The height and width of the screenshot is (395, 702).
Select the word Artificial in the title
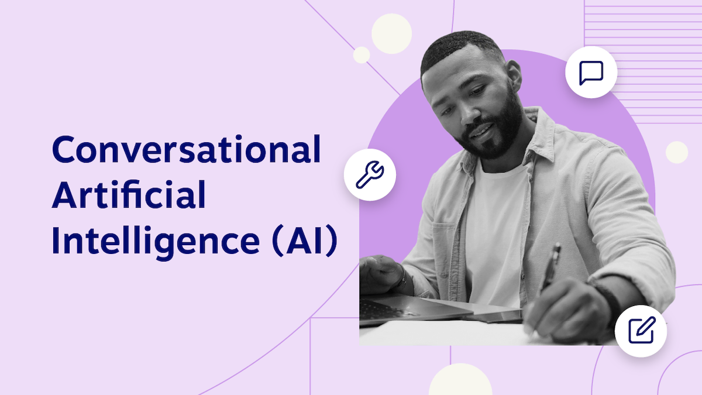pos(129,195)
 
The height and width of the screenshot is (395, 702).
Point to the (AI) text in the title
pos(305,241)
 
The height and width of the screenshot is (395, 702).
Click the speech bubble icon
pos(591,73)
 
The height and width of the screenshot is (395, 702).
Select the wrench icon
pos(370,174)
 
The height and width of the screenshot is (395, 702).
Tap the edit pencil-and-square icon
pos(641,331)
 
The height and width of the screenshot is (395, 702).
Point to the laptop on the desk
pos(409,307)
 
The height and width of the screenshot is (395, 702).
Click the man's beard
pos(497,132)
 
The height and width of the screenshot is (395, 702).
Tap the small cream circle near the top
pos(362,55)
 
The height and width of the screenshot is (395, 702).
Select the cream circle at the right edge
pos(677,152)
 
